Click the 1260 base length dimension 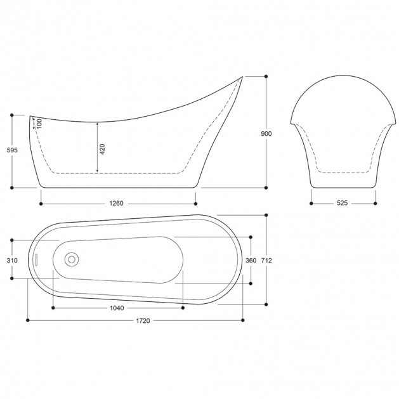(x=116, y=204)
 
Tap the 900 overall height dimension (x=266, y=134)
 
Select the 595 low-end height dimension (x=12, y=150)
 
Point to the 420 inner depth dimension (x=102, y=149)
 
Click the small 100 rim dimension (x=39, y=124)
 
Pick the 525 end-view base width (x=342, y=203)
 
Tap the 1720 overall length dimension (x=143, y=321)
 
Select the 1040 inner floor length (x=117, y=308)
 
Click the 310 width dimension (x=12, y=260)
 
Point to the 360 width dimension (x=251, y=260)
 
